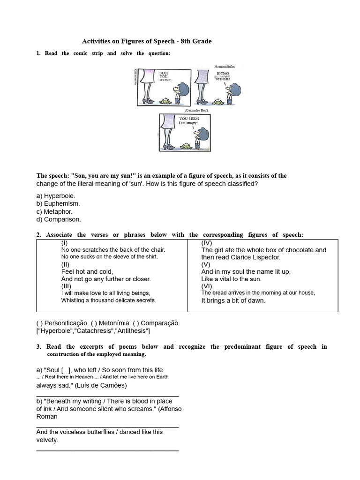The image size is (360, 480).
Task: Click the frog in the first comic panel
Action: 165,100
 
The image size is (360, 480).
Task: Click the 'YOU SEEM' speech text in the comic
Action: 189,119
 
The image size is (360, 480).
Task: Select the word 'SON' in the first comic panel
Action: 164,73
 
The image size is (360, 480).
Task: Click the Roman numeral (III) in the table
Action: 66,286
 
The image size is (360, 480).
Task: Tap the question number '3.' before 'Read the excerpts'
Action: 39,347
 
